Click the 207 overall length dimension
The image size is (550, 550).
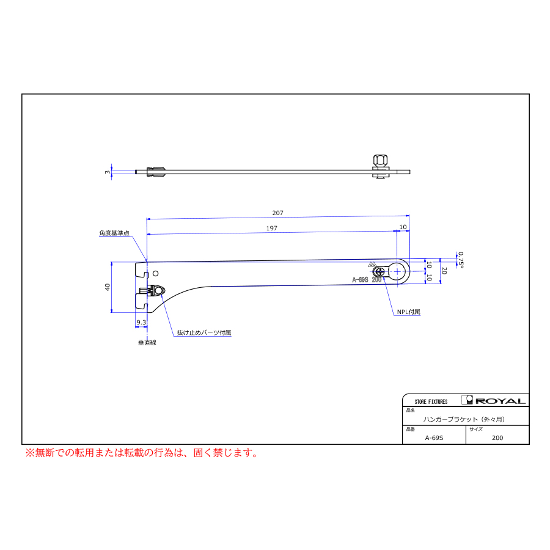(x=277, y=213)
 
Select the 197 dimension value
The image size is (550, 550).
(x=272, y=229)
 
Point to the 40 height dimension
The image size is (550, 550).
(x=108, y=287)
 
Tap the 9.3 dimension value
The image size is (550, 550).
(x=141, y=322)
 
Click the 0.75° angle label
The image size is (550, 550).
(x=461, y=260)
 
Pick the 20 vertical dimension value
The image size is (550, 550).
(x=444, y=271)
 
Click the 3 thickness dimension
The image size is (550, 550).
(x=108, y=172)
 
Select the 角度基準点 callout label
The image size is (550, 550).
(x=114, y=233)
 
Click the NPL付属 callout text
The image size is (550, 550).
(x=409, y=312)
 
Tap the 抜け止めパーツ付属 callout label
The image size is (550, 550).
(x=204, y=332)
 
